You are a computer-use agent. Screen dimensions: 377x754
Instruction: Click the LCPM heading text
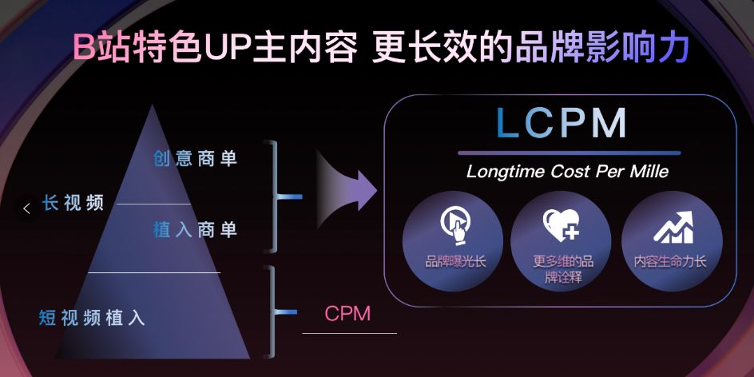(x=562, y=124)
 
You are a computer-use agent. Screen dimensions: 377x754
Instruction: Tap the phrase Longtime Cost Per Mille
(x=567, y=172)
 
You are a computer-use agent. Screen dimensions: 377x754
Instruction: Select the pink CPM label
(x=347, y=313)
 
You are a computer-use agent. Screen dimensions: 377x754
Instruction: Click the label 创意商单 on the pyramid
(x=196, y=158)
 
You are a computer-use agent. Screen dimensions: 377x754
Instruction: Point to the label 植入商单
(x=196, y=230)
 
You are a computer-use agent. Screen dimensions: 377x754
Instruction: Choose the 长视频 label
(x=73, y=203)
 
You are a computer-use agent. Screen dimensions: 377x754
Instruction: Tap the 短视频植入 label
(x=92, y=317)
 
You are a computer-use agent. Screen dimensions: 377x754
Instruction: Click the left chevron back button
(x=26, y=208)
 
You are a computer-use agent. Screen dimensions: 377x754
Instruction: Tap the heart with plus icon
(x=561, y=225)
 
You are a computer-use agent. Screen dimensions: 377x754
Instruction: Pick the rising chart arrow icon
(x=672, y=227)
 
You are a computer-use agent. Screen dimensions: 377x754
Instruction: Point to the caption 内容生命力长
(x=671, y=261)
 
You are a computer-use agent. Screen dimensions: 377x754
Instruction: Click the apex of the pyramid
(x=150, y=106)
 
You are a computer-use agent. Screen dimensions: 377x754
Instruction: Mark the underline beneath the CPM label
(x=349, y=333)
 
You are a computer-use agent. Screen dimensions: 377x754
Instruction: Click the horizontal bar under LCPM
(x=569, y=153)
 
